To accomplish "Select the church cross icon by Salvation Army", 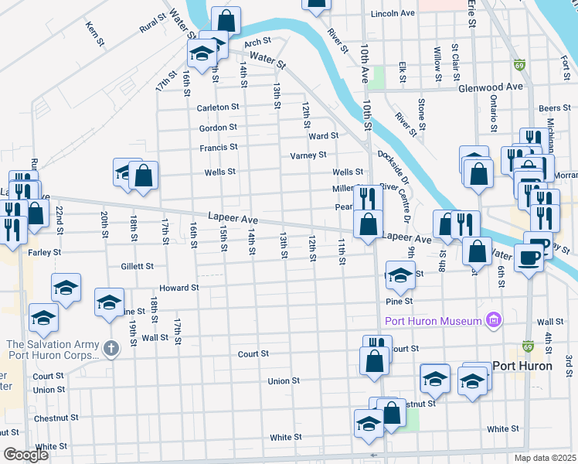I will (x=111, y=349).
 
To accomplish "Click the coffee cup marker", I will (x=529, y=258).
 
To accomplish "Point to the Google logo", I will (x=25, y=455).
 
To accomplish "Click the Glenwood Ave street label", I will (x=491, y=87).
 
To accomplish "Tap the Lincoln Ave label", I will (x=394, y=14).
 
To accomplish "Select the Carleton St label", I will (x=219, y=107).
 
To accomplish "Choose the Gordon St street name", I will (x=217, y=128).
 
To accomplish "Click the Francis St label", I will (x=218, y=147).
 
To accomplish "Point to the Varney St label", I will (x=308, y=155).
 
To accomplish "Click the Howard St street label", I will (x=179, y=288).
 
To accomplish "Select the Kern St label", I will (x=95, y=32).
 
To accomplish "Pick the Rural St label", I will (x=153, y=22).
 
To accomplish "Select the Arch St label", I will (x=259, y=43).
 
